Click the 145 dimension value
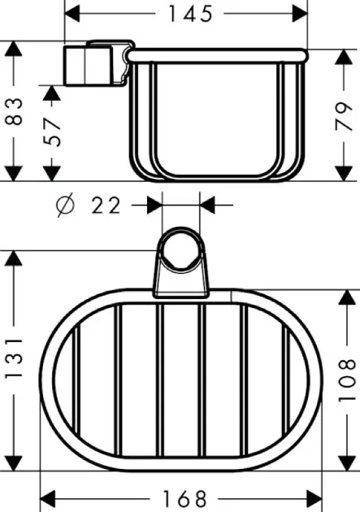(190, 14)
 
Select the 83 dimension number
(15, 111)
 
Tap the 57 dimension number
(52, 132)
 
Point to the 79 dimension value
(344, 116)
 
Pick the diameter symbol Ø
(65, 206)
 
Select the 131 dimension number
(14, 358)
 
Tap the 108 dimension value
(347, 380)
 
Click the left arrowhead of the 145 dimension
(72, 14)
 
